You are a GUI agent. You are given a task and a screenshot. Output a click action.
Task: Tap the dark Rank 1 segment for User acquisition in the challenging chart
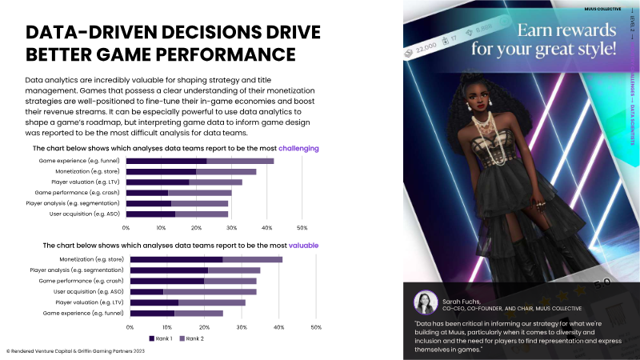[150, 214]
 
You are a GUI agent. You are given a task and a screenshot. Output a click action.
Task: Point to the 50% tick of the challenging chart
[302, 228]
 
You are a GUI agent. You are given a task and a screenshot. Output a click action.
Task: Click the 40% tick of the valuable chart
[278, 327]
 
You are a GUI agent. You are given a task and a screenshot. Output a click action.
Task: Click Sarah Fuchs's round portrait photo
[424, 302]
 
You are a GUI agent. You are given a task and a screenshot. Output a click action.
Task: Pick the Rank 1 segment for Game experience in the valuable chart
[152, 314]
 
